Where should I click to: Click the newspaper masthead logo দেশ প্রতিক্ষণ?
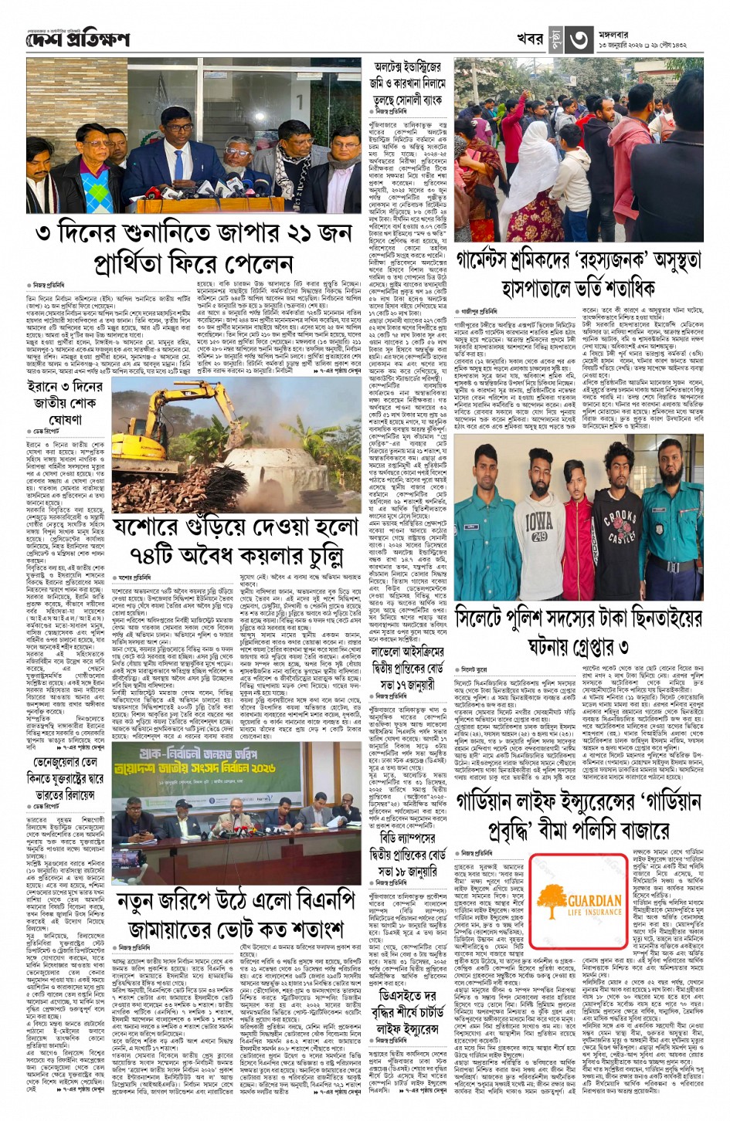pyautogui.click(x=77, y=39)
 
